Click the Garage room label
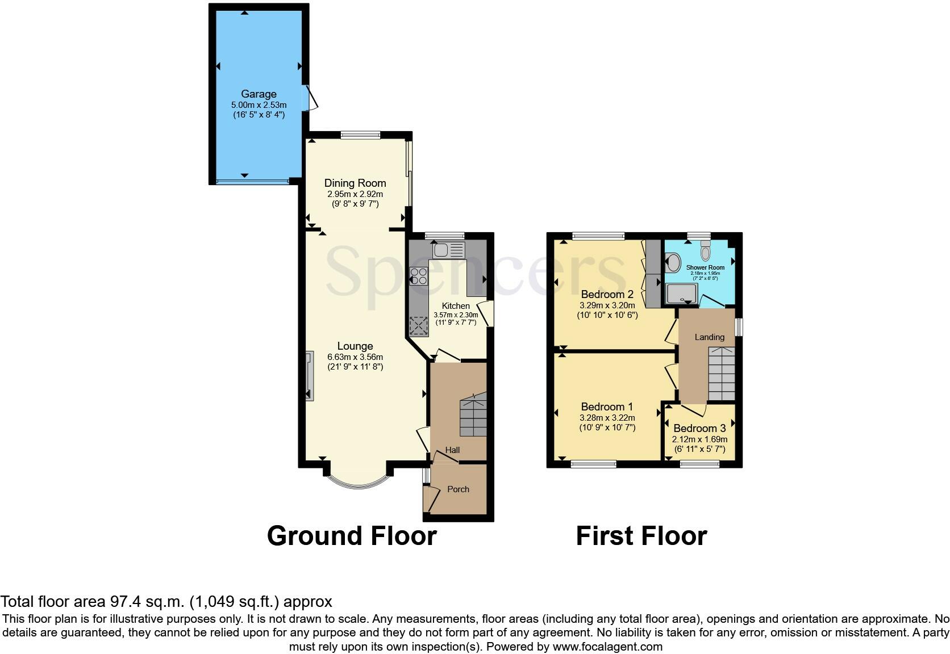click(x=259, y=94)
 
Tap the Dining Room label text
click(x=355, y=183)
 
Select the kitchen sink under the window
click(x=448, y=250)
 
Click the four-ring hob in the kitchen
click(x=419, y=276)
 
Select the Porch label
click(x=458, y=489)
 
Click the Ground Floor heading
click(x=352, y=536)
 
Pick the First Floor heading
click(x=641, y=536)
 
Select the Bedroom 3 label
click(x=699, y=429)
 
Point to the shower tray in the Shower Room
click(x=681, y=294)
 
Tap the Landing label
click(x=710, y=337)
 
